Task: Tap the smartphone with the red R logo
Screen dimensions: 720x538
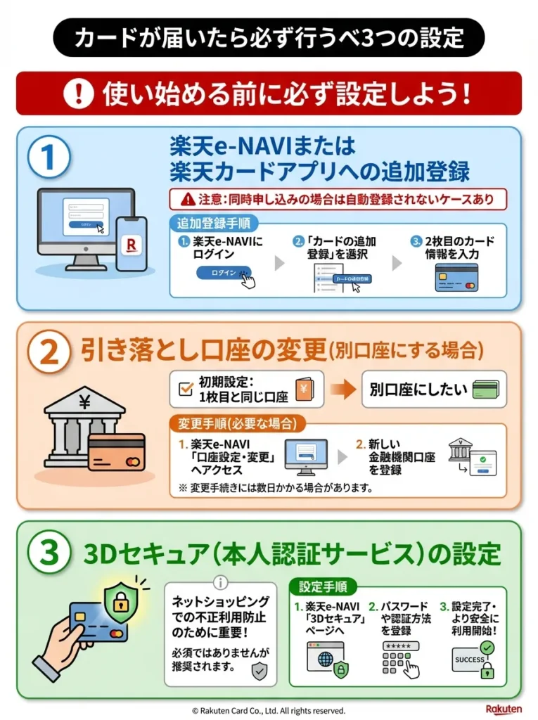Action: [x=131, y=243]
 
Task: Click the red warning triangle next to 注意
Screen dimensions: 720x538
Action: [x=186, y=199]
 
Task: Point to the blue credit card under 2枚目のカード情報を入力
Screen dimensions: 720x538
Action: [x=456, y=277]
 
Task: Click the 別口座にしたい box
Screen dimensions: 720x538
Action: [x=433, y=390]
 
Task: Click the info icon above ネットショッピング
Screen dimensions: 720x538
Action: [x=221, y=582]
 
